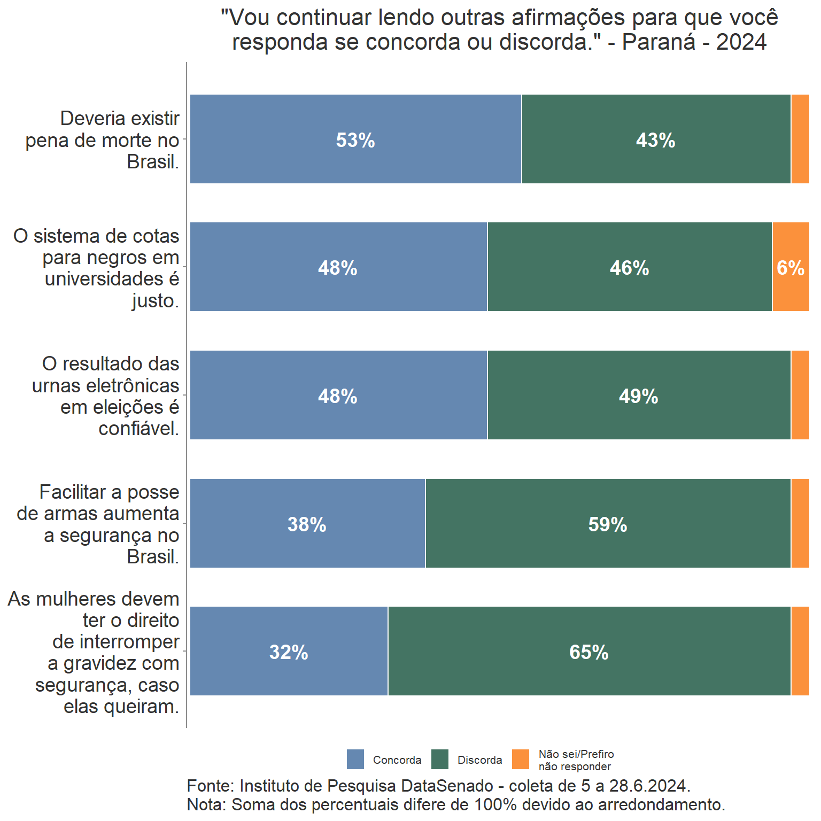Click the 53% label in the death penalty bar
(355, 140)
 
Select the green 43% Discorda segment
(656, 140)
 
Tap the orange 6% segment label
(791, 268)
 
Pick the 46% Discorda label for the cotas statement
(629, 268)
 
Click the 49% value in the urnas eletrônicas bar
(638, 396)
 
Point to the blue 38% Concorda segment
(307, 524)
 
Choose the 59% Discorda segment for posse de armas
(608, 524)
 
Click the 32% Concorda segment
(289, 652)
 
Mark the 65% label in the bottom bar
(588, 652)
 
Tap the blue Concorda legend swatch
(355, 759)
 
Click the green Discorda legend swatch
(440, 759)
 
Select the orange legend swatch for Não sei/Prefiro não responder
(521, 759)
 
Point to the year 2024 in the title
(741, 42)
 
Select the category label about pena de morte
(102, 140)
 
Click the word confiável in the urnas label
(138, 429)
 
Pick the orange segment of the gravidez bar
(800, 651)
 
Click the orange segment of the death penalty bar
(800, 139)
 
